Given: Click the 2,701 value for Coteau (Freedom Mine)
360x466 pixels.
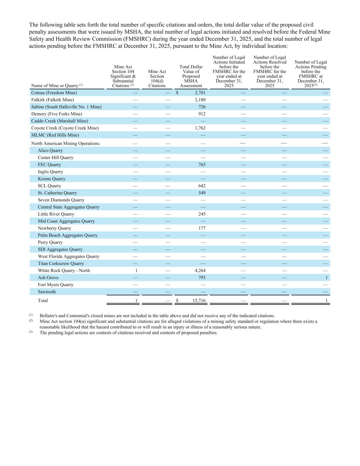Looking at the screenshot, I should pos(200,93).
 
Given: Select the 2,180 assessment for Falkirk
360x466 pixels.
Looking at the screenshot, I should pos(200,100).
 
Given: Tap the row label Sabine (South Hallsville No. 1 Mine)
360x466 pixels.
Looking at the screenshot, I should pos(66,107).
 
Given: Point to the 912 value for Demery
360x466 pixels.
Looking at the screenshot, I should pos(202,114).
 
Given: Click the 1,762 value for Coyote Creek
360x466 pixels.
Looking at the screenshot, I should pos(200,128).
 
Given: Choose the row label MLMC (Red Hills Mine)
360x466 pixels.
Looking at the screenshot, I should pos(55,135).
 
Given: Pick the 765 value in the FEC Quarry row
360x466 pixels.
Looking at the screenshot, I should pos(202,165).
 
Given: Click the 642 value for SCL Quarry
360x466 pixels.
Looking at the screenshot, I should pos(202,186).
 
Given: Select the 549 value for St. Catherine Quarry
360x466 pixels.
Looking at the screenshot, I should pos(202,193).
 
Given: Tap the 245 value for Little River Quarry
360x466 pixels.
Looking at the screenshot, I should pos(202,214).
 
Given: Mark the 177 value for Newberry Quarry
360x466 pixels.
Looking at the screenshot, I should pos(202,228).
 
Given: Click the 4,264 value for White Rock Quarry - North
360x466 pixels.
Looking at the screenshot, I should pos(200,270).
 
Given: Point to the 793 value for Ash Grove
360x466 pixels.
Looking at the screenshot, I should pos(202,278).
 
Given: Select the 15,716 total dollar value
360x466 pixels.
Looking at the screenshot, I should pos(199,301).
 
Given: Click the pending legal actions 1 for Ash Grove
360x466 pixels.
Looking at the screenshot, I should pos(326,278).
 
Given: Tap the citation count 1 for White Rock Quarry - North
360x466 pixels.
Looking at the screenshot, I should pos(136,270).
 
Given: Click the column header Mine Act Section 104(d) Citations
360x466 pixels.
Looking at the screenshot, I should pos(157,79).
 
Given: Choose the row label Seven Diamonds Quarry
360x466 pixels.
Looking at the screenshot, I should pos(61,200).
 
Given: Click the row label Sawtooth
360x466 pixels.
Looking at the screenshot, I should pos(47,292).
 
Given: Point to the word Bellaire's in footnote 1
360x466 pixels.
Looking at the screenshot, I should pos(49,316).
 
